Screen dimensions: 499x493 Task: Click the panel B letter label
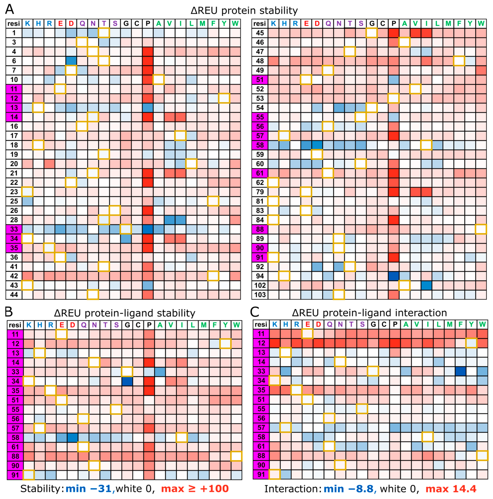click(9, 312)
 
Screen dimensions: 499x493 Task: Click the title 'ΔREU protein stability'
click(244, 11)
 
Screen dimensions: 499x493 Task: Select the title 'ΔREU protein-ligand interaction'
click(369, 313)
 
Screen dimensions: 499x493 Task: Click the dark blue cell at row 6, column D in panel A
click(71, 61)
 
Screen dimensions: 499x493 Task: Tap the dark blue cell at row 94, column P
click(393, 276)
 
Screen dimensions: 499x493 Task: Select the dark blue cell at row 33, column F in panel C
click(460, 371)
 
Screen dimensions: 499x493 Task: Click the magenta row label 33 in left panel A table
click(14, 229)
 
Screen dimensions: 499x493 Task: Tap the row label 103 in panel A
click(260, 295)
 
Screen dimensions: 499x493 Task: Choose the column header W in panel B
click(236, 325)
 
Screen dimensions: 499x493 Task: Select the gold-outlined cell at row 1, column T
click(104, 33)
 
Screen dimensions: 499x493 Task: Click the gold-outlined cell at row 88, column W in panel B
click(236, 456)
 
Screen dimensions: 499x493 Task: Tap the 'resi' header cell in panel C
click(261, 324)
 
